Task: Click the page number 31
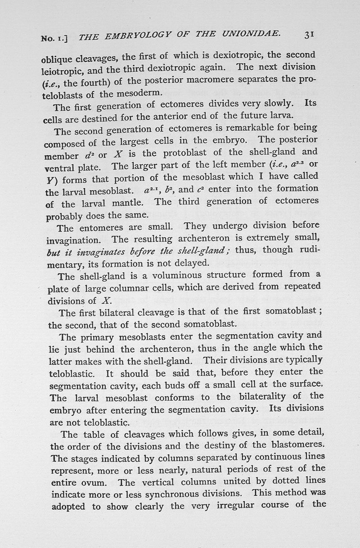pos(312,34)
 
